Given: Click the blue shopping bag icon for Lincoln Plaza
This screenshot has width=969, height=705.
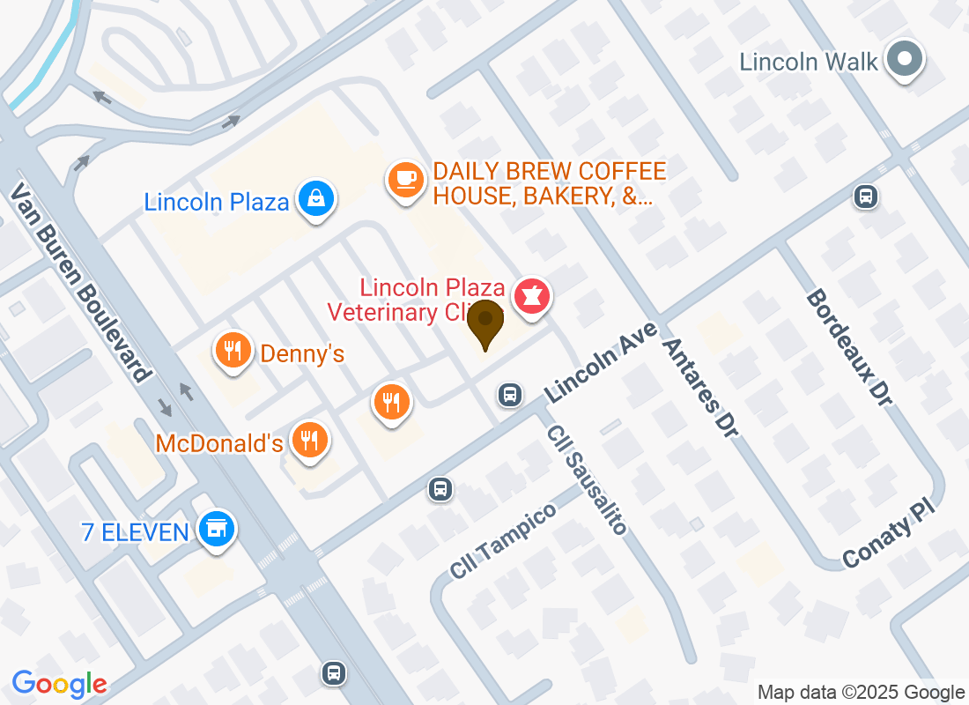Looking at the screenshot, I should (x=314, y=199).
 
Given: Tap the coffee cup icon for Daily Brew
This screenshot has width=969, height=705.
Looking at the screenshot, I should (x=405, y=180).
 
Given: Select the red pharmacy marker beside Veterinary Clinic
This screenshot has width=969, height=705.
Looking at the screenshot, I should (x=531, y=294).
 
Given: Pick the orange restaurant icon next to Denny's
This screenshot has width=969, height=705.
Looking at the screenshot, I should (x=233, y=351).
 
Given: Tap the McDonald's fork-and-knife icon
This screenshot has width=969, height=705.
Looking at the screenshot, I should (x=308, y=439).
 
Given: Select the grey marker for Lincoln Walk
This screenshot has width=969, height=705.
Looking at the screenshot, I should (x=904, y=60).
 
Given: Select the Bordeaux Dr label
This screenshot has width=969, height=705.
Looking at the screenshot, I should (x=849, y=348).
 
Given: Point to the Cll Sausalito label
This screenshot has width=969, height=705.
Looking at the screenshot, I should (x=586, y=479).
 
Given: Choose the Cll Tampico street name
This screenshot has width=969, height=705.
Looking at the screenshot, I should (x=503, y=540).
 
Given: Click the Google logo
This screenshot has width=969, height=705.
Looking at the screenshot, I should (x=60, y=683).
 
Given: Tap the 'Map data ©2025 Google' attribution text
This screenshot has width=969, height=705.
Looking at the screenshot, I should (x=861, y=693).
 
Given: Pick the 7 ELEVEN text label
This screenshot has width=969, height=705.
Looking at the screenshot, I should (x=135, y=532).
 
